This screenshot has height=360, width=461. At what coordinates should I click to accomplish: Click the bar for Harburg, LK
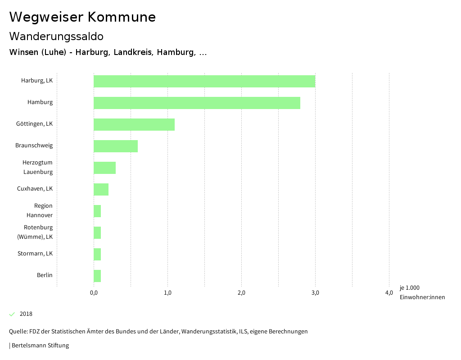click(204, 81)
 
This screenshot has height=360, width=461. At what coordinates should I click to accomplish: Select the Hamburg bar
click(197, 103)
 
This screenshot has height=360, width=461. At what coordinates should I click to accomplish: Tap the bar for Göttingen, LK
click(134, 124)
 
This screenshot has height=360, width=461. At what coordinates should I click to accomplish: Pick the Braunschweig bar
click(116, 146)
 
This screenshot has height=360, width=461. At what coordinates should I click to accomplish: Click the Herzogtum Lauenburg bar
click(104, 168)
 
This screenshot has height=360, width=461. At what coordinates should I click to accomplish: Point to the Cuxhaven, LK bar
click(101, 189)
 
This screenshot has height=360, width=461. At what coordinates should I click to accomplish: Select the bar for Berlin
click(97, 276)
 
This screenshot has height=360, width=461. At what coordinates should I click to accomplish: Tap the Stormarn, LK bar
click(97, 254)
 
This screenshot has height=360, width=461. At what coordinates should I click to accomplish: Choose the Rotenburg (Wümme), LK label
click(38, 232)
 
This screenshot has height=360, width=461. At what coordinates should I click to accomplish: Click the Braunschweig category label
click(34, 146)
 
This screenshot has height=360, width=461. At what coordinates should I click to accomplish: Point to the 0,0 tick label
click(94, 293)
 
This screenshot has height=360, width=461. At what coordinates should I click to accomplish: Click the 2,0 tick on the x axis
click(241, 293)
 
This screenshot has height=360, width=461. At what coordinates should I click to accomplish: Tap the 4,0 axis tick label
click(389, 293)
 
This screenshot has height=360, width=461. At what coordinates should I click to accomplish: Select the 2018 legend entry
click(26, 314)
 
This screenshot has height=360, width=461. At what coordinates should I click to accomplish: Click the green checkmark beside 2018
click(12, 314)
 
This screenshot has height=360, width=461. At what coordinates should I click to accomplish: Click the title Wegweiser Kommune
click(82, 17)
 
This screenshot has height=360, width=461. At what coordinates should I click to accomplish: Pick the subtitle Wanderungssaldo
click(56, 36)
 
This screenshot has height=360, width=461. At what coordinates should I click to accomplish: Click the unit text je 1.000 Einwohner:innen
click(422, 292)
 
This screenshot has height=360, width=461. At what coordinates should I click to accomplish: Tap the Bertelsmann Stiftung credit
click(39, 346)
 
